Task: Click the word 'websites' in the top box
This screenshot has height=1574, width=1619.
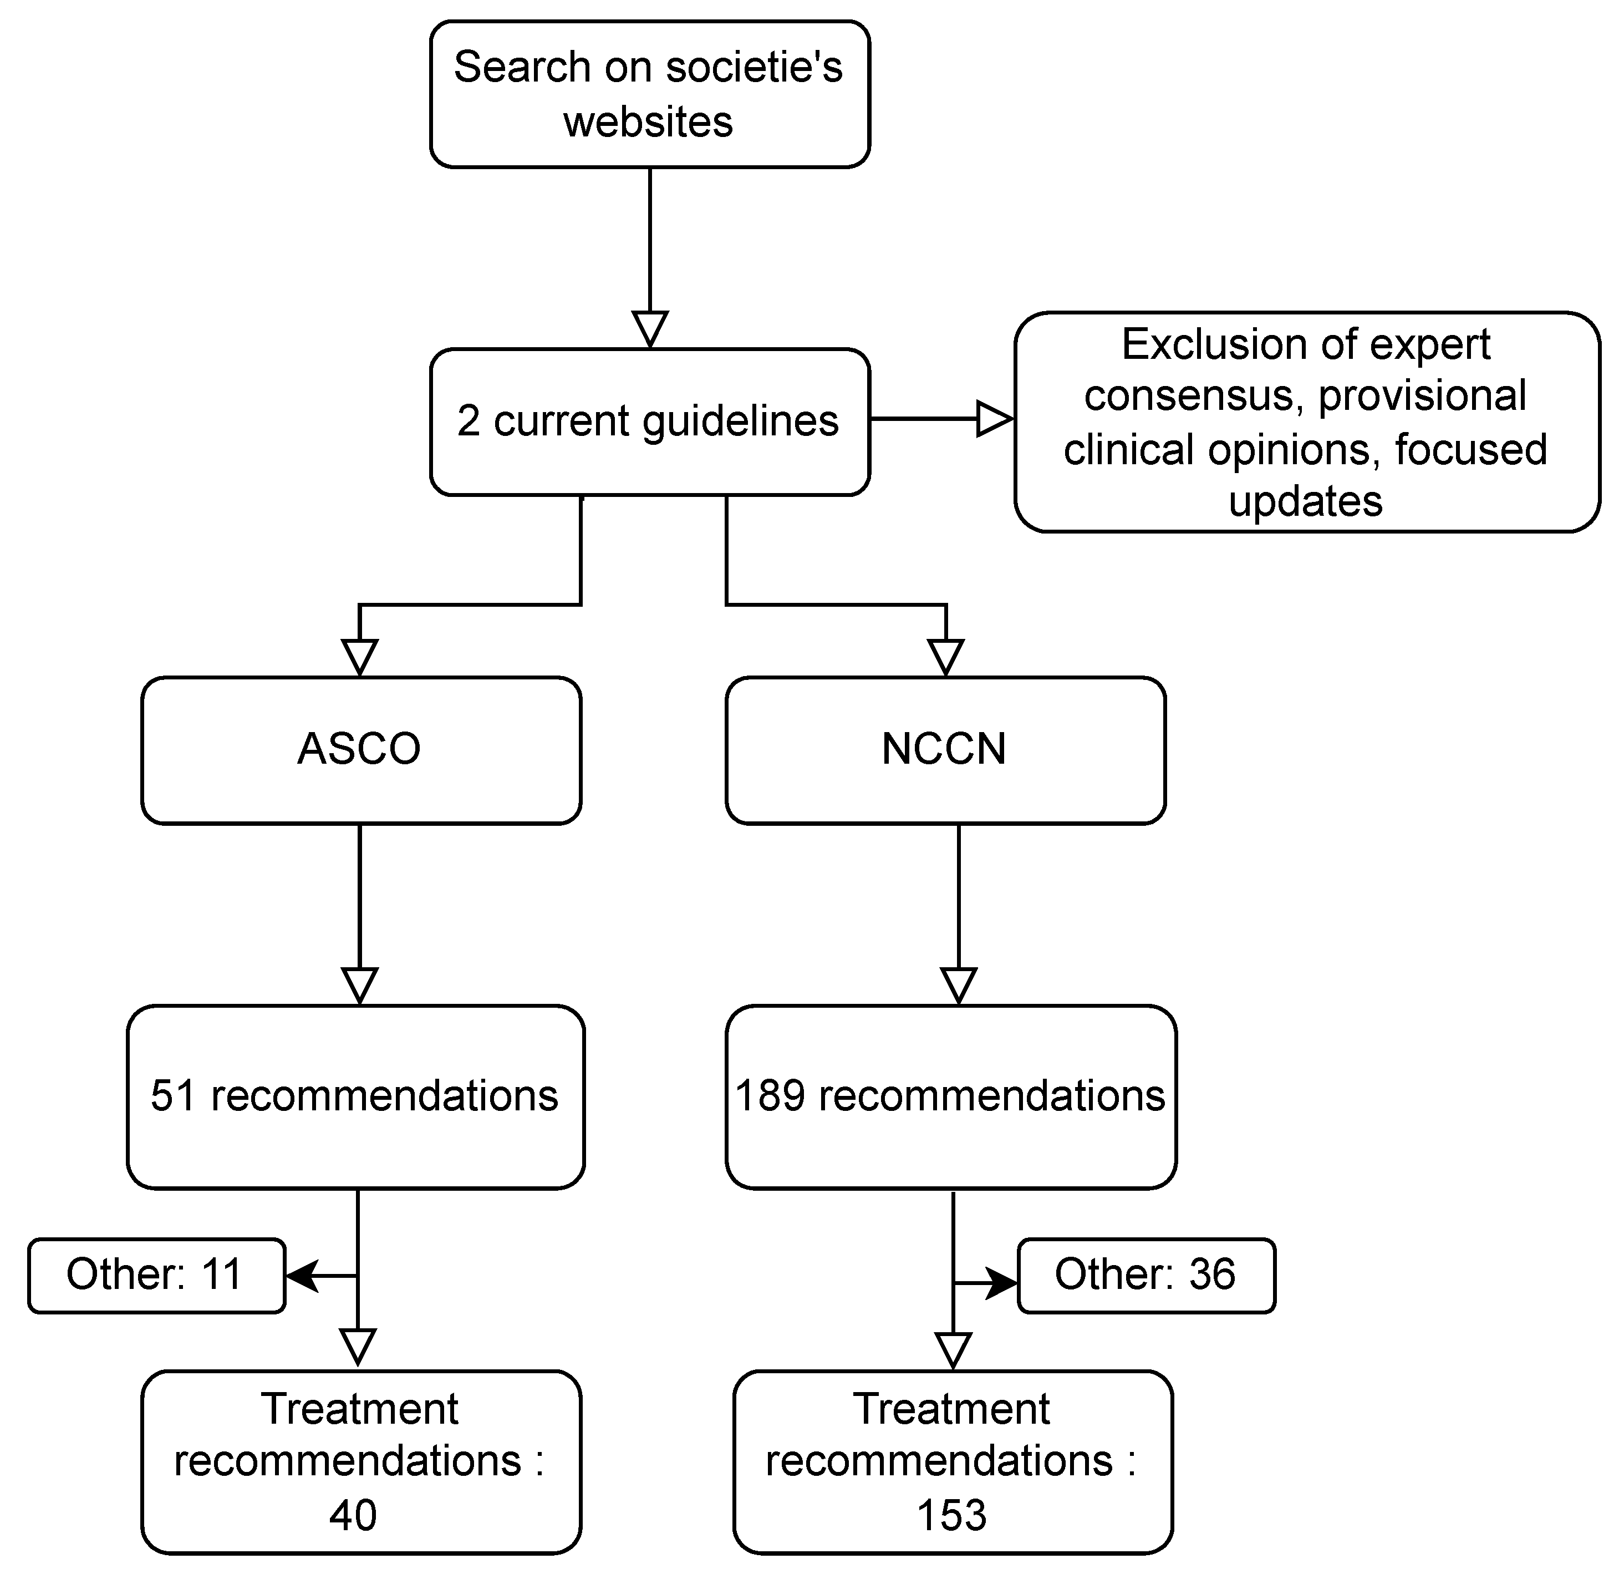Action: point(648,123)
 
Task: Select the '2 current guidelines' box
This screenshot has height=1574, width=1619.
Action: point(650,422)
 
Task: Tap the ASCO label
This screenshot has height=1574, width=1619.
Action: point(359,749)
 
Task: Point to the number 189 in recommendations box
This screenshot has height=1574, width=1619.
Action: point(770,1096)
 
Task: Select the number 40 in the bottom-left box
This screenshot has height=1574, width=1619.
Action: point(353,1515)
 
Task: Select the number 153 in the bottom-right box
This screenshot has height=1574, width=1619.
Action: point(951,1515)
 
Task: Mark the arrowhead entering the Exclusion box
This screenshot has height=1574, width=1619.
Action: point(994,419)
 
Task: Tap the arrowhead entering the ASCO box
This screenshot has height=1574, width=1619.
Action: point(359,658)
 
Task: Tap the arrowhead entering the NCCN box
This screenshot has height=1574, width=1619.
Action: point(945,658)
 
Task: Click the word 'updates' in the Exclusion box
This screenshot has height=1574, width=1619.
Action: point(1305,502)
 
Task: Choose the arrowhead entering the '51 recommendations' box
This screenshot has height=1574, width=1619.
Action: point(359,986)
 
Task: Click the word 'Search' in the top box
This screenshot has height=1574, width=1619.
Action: point(522,67)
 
